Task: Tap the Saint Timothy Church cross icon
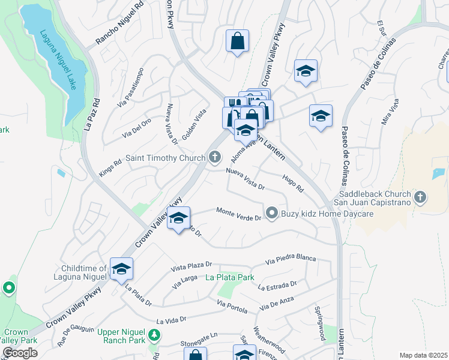215,158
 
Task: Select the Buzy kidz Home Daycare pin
271,213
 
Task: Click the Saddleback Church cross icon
420,196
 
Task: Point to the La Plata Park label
230,277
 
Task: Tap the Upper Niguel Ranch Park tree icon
155,334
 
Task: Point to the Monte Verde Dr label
238,214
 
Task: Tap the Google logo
20,353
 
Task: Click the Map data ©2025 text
423,355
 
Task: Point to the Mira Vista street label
391,114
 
